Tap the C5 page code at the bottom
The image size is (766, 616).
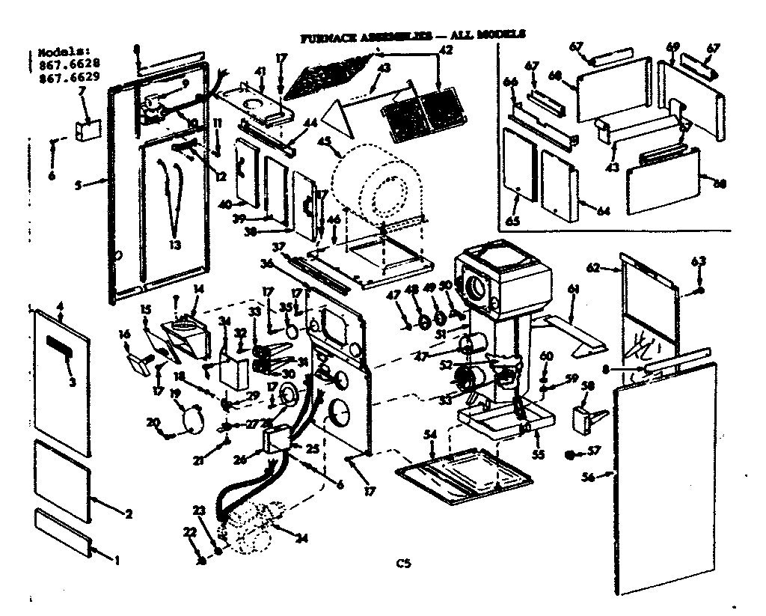click(x=404, y=564)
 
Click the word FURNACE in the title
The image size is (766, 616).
click(x=328, y=35)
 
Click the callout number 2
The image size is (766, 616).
click(x=128, y=513)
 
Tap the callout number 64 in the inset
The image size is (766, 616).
click(x=602, y=211)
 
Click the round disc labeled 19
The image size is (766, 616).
click(x=191, y=416)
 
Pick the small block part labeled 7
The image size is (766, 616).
click(x=87, y=129)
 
